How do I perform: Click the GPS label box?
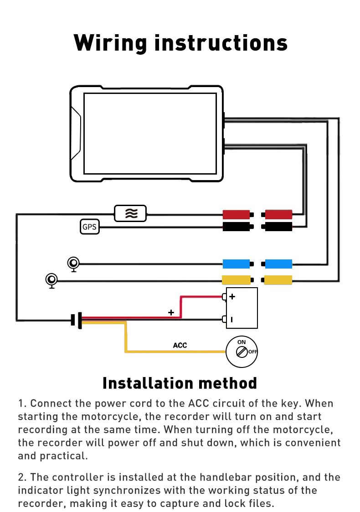[x=90, y=227]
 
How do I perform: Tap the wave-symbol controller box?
[x=131, y=213]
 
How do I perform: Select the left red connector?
[x=236, y=214]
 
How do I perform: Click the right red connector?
[x=278, y=214]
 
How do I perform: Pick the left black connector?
[x=236, y=227]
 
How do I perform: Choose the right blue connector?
[x=278, y=264]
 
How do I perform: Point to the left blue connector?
[x=236, y=264]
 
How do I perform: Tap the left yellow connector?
[x=236, y=280]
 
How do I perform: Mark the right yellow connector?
[x=278, y=280]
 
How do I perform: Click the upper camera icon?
[x=73, y=264]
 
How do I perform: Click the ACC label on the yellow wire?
[x=180, y=345]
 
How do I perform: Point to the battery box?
[x=242, y=308]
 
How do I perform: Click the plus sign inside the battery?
[x=232, y=297]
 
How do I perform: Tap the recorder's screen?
[x=150, y=133]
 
